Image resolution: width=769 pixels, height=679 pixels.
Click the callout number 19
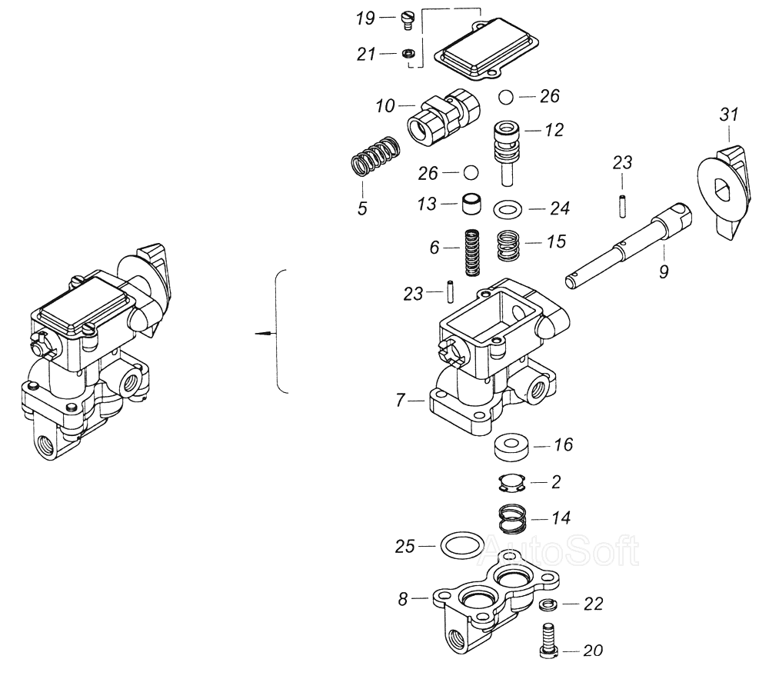coord(364,18)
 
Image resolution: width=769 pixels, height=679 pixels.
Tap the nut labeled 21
coord(409,54)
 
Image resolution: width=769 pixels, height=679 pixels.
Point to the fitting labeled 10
coord(441,117)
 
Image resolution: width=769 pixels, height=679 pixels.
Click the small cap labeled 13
coord(471,205)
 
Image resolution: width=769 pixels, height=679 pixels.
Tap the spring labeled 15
coord(508,246)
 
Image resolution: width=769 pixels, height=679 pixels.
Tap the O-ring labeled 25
coord(458,547)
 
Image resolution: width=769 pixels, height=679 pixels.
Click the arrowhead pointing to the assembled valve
coord(262,333)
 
